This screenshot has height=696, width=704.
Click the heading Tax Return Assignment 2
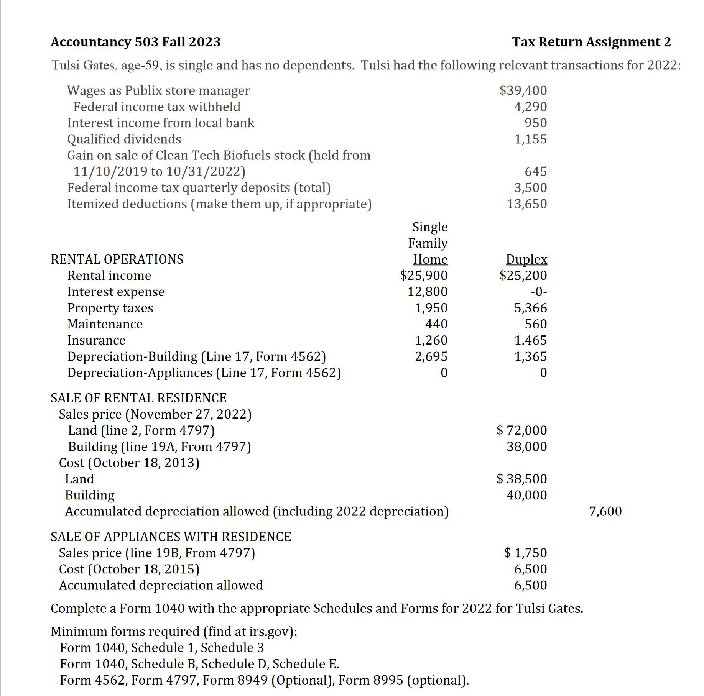coord(591,42)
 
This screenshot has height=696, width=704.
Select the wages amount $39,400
coord(523,90)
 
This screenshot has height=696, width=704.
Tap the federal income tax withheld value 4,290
coord(530,107)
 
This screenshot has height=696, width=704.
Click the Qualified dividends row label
coord(124,139)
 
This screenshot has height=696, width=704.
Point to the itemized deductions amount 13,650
coord(527,204)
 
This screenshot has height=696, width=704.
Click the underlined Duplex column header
coord(526,259)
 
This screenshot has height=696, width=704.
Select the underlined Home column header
coord(430,259)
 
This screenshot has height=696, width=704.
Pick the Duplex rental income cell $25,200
coord(523,276)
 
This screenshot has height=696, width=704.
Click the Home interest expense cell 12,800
coord(427,292)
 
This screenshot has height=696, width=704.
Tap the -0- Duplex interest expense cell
coord(539,292)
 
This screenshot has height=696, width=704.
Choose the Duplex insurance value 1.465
coord(530,340)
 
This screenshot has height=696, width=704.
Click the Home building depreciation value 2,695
coord(431,356)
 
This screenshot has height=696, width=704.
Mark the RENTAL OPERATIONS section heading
coord(117,259)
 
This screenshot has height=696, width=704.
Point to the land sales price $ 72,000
coord(521,430)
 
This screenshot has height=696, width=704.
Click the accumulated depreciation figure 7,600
coord(605,511)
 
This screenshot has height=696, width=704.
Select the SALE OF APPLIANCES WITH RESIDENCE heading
coord(171,537)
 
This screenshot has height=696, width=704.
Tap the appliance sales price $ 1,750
coord(525,553)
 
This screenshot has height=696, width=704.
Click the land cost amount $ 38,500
coord(521,479)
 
